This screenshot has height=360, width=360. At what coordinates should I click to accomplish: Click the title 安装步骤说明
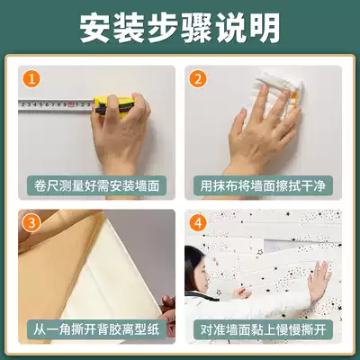[x=180, y=28]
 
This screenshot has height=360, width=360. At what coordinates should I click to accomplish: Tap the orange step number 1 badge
[x=31, y=79]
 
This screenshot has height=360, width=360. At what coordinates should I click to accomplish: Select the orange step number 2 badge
[x=198, y=79]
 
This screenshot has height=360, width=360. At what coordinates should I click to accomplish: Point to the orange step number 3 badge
[x=31, y=223]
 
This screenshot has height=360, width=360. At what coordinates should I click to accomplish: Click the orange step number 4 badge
[x=198, y=223]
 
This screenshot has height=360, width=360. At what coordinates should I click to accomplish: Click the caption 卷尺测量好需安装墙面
[x=96, y=185]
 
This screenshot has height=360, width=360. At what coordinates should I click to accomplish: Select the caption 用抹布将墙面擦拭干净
[x=263, y=185]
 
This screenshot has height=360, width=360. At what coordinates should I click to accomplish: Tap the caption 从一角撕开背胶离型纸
[x=96, y=329]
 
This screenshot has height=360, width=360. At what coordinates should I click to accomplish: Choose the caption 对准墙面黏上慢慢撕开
[x=263, y=329]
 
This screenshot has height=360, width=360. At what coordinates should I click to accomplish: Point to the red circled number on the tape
[x=71, y=104]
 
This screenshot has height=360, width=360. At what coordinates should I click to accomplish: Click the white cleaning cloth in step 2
[x=281, y=92]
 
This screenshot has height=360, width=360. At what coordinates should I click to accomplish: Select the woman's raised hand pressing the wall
[x=319, y=281]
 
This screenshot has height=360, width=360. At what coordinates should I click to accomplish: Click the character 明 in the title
[x=265, y=28]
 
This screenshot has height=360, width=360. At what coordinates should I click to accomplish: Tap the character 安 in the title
[x=95, y=28]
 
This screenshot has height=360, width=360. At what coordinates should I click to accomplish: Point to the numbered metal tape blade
[x=56, y=105]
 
